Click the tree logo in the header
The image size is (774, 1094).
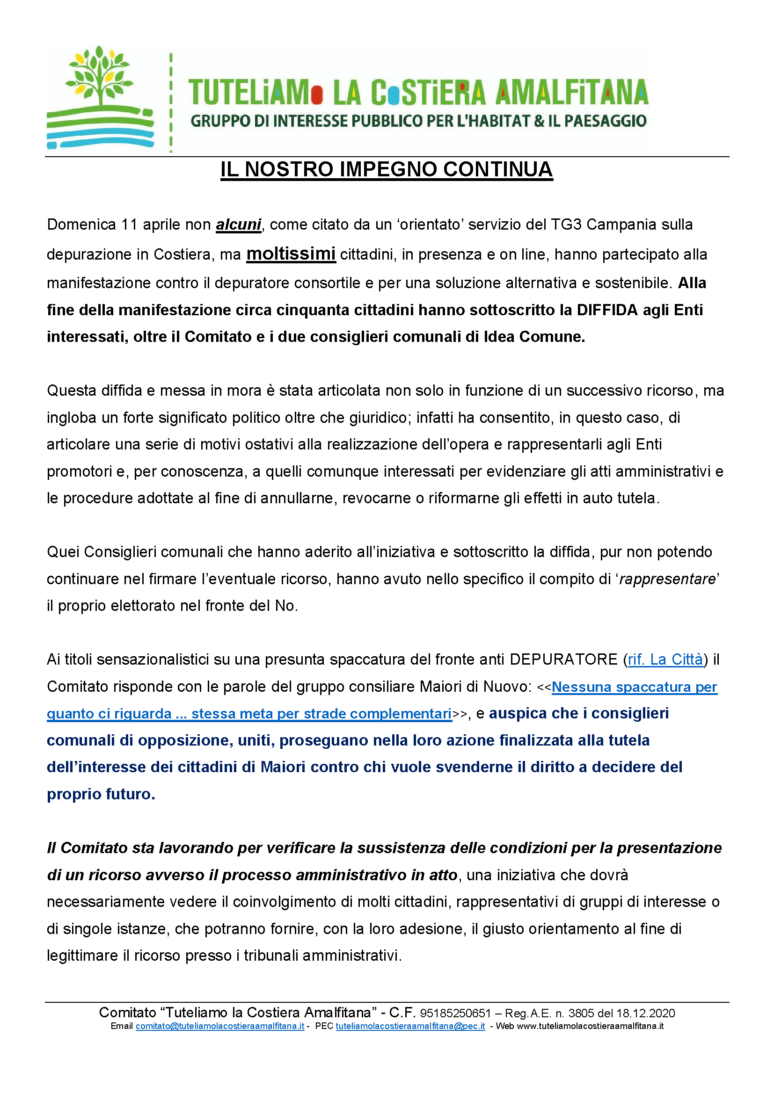(100, 98)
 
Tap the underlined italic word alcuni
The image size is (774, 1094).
(238, 225)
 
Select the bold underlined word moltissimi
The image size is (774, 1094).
(291, 254)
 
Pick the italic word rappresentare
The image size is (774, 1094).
(667, 579)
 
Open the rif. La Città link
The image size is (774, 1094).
(665, 659)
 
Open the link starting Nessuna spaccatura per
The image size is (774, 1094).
(634, 687)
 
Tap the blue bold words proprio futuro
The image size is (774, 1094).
(101, 794)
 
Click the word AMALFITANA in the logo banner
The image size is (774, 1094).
(571, 93)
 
